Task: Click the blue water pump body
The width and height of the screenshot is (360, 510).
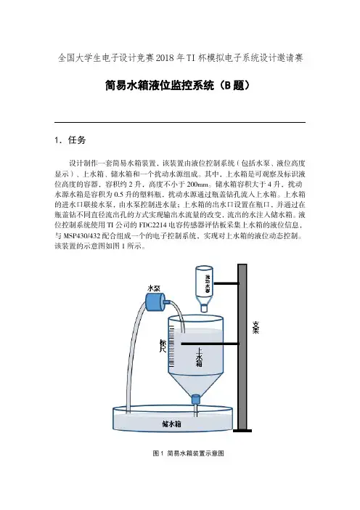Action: [x=155, y=301]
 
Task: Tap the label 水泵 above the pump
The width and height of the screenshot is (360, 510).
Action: [x=154, y=288]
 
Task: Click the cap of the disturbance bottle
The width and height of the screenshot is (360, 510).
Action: [x=204, y=308]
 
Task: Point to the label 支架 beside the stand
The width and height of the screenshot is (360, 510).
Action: [x=256, y=328]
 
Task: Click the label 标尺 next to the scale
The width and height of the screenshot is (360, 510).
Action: [x=163, y=345]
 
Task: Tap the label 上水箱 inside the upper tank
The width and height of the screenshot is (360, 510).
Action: [x=199, y=357]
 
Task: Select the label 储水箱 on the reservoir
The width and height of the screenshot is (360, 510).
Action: [x=171, y=424]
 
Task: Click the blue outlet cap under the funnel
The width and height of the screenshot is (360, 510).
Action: [x=195, y=399]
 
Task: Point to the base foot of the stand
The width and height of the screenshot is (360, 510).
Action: [x=242, y=431]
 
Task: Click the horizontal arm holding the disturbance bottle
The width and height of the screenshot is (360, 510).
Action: [x=226, y=283]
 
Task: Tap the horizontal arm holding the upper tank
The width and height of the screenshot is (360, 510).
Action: [x=210, y=344]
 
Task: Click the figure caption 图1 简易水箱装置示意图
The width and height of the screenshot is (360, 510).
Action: [x=189, y=453]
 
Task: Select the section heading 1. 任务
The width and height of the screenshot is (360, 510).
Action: [x=70, y=140]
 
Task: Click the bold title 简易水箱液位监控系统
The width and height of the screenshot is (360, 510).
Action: [x=160, y=85]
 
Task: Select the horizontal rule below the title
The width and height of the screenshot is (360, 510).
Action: [x=180, y=122]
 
